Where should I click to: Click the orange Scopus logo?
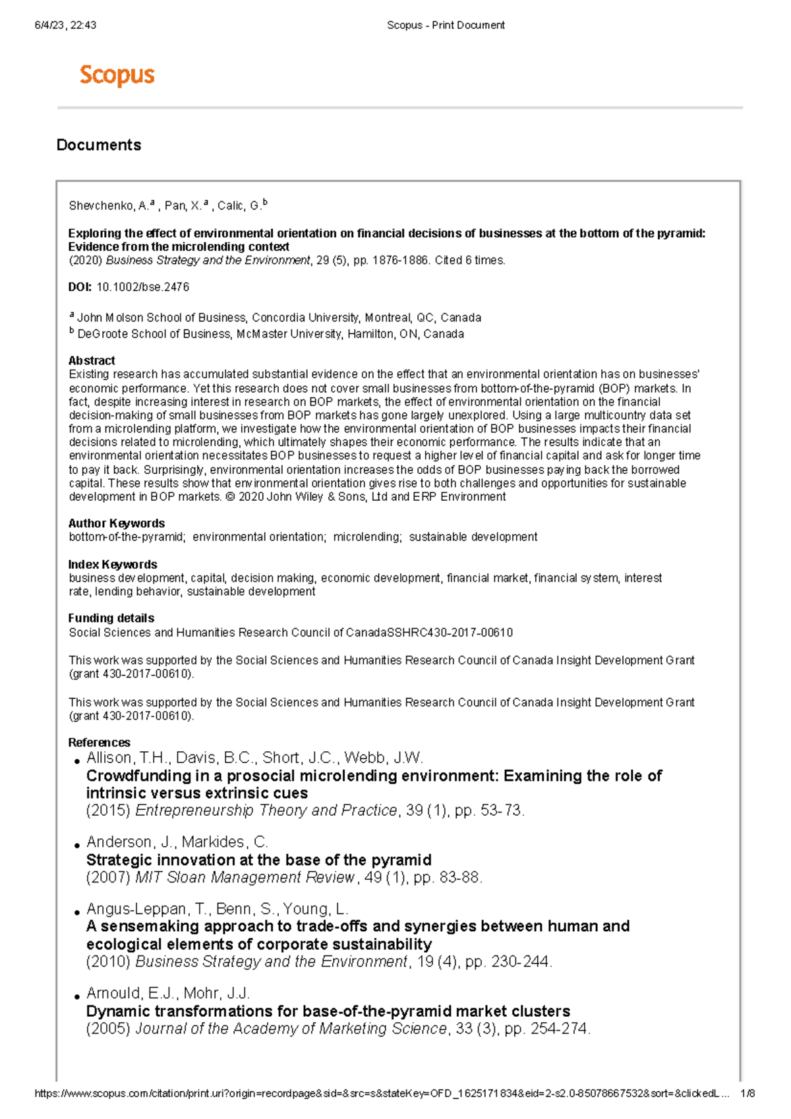coord(117,75)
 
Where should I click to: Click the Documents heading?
coord(99,145)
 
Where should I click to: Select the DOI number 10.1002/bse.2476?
coord(143,287)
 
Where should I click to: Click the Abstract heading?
coord(92,360)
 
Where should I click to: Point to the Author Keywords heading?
coord(117,523)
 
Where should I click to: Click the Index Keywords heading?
coord(113,565)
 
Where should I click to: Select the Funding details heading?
coord(111,618)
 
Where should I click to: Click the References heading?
coord(100,743)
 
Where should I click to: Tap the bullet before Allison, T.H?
coord(77,762)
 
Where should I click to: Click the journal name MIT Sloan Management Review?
coord(245,878)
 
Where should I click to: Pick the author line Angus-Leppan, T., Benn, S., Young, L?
coord(218,909)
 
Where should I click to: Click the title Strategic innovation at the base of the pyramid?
coord(259,860)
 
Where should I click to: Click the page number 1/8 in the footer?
coord(747,1094)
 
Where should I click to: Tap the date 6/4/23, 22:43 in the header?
coord(65,25)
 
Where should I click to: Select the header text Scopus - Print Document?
coord(446,25)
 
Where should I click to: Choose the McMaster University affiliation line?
coord(270,334)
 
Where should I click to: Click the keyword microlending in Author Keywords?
coord(367,537)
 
